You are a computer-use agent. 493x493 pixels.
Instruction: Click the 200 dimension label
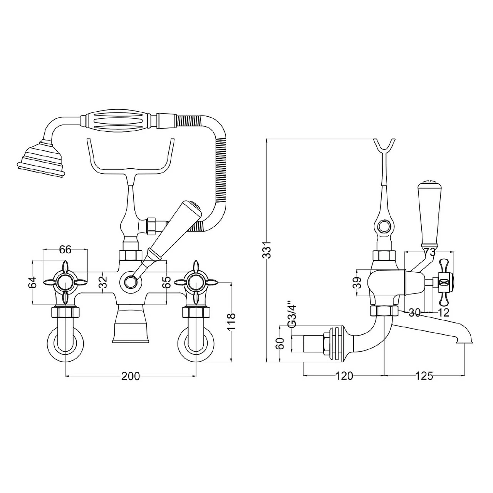point(131,376)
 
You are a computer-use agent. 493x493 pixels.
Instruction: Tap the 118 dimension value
point(230,322)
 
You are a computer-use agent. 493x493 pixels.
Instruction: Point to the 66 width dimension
point(65,250)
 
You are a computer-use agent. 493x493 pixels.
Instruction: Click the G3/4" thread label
point(292,315)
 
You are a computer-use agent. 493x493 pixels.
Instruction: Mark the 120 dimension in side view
point(344,376)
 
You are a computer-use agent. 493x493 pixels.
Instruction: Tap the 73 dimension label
point(429,252)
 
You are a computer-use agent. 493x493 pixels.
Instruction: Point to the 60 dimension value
point(281,343)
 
